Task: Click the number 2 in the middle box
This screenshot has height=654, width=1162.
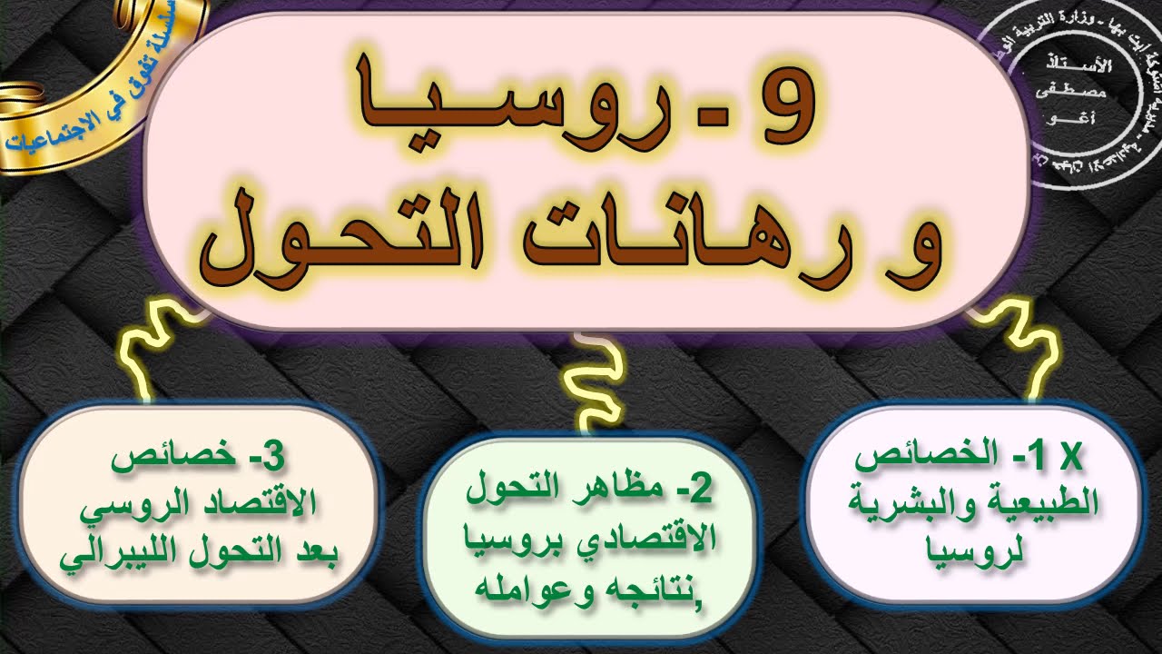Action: click(696, 490)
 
